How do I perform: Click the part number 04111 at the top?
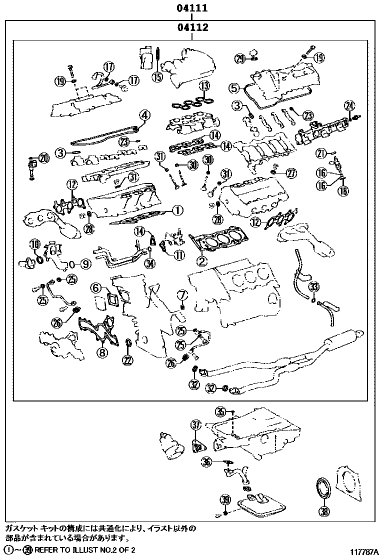coord(191,8)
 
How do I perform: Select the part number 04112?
coord(191,27)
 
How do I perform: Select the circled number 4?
coord(144,115)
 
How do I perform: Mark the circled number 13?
coord(203,86)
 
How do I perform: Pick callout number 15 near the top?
coord(157,76)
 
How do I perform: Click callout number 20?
coord(44,158)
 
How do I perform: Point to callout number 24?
coord(349,105)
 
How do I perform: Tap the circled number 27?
coord(291,173)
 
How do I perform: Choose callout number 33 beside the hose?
coord(313,286)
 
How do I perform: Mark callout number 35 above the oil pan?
coord(221,411)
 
